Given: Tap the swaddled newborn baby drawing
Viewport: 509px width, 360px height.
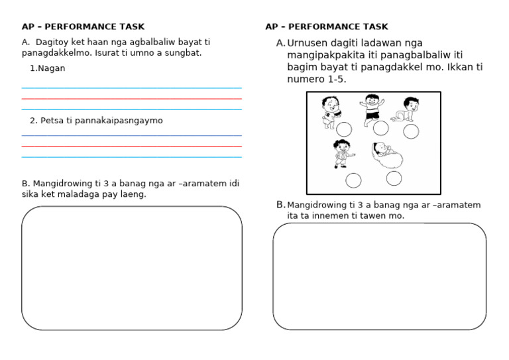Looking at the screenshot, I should click(384, 156).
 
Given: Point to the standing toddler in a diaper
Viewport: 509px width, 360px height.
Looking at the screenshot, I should click(329, 111).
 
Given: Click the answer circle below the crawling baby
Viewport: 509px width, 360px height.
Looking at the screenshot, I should click(411, 131).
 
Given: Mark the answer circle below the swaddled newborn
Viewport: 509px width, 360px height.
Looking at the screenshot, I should click(394, 178).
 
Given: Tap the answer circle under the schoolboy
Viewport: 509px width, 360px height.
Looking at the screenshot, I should click(354, 180).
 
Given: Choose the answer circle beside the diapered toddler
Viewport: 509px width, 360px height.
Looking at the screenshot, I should click(344, 129).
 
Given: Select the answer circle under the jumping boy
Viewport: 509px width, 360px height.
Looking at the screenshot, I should click(380, 128).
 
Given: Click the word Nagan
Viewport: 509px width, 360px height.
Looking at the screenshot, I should click(52, 68).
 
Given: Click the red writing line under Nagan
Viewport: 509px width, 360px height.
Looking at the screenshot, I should click(131, 99).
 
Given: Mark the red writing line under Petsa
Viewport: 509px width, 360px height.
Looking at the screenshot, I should click(131, 147).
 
